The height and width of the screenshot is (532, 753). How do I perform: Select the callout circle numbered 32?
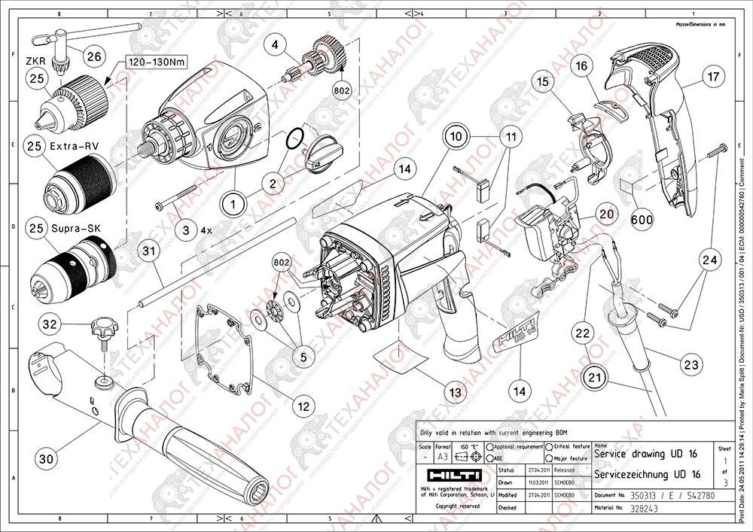[x=49, y=324]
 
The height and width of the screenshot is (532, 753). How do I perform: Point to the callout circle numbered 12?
[x=303, y=406]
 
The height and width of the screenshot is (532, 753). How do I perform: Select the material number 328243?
[x=611, y=509]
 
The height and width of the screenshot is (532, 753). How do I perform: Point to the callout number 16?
[x=581, y=66]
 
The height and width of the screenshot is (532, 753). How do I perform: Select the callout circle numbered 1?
[x=234, y=203]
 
